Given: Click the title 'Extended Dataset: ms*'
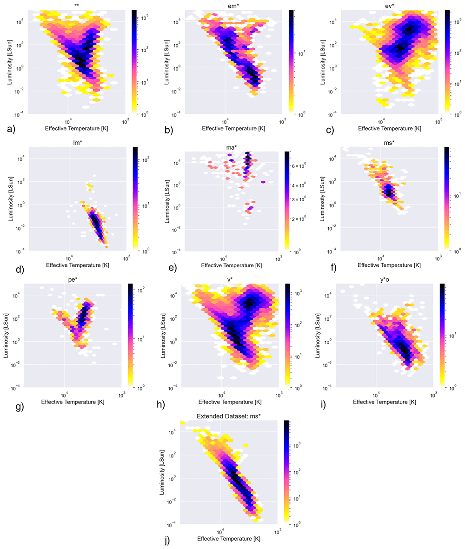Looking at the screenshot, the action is coord(228,417).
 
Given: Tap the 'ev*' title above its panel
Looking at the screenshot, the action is coord(389,7).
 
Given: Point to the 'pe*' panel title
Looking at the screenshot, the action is coord(73,280).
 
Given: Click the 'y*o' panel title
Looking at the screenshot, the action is coord(384,280).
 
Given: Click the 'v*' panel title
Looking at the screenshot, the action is coord(230,280).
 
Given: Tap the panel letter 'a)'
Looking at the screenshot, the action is coord(11,130).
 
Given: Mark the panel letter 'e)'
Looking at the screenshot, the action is coord(173,268).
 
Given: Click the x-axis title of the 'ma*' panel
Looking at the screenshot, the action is coord(232,265).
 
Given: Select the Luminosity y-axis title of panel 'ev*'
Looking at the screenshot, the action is coord(323,62).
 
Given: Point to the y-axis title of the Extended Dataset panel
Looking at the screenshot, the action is coord(162,472).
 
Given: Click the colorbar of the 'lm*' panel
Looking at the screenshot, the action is coord(135,198).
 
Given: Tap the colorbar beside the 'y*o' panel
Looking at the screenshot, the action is coord(442,336).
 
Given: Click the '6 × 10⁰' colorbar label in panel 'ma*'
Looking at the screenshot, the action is coord(299,166).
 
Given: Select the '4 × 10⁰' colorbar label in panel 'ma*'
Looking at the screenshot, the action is coord(299,185).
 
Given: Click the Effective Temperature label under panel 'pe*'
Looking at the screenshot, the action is coord(73,402).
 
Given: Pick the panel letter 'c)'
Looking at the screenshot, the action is coord(330,130).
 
